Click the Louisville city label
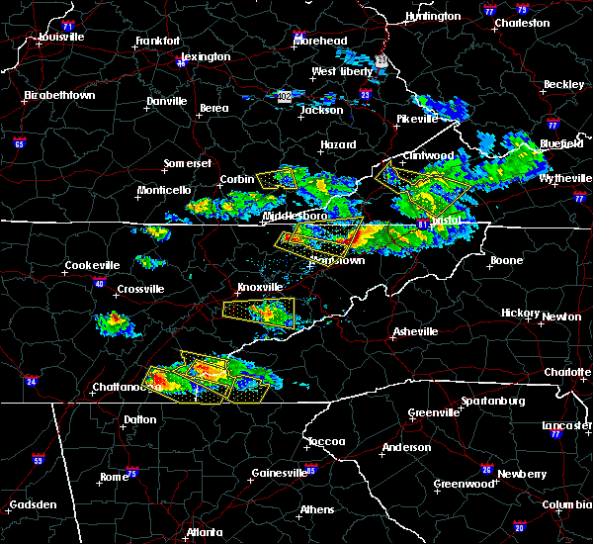[61, 38]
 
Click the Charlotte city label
[566, 373]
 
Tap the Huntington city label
[433, 17]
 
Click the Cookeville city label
[92, 265]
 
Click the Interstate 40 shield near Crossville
[99, 283]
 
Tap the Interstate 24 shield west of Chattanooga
[31, 381]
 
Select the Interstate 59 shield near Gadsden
[38, 461]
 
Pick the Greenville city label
[433, 412]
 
